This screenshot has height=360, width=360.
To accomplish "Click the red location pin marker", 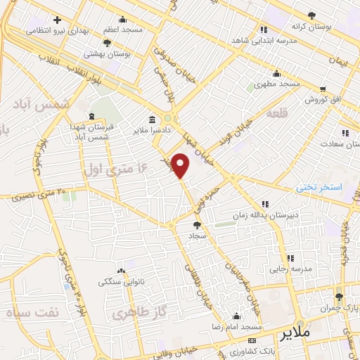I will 181,165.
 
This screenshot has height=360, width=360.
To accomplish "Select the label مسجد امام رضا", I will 238,328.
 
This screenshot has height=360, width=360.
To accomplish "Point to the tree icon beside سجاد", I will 197,226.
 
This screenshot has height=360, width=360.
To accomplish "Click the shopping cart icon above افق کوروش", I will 322,89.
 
